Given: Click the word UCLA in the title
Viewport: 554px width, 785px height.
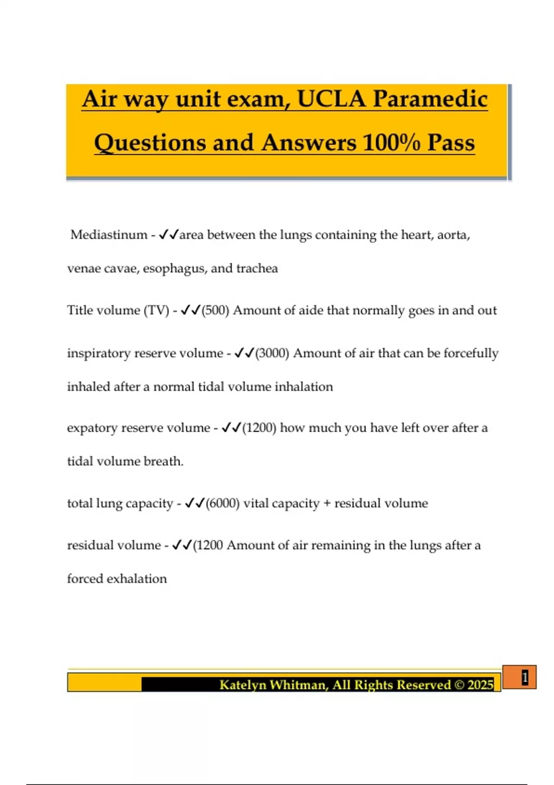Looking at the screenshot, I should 331,99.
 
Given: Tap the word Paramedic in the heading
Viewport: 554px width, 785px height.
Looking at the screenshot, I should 430,99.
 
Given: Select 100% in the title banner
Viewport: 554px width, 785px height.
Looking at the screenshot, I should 391,143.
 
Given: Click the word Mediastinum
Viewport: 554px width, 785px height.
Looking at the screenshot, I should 109,235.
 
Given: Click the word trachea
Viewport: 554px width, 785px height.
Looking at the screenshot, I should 257,268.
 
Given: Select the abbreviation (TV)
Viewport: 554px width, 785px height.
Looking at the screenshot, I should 157,310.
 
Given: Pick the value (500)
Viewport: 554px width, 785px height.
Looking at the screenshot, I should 215,310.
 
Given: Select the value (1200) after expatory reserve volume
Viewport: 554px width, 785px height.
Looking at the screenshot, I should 259,428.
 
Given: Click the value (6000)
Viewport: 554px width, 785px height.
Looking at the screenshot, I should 223,503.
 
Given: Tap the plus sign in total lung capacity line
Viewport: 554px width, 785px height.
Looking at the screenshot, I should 327,503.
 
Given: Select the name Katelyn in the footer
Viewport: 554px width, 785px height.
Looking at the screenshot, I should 242,685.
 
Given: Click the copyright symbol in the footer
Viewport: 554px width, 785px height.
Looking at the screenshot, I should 459,685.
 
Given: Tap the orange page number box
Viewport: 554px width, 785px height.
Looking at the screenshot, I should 519,677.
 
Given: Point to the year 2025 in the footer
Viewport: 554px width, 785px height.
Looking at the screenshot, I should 480,685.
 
